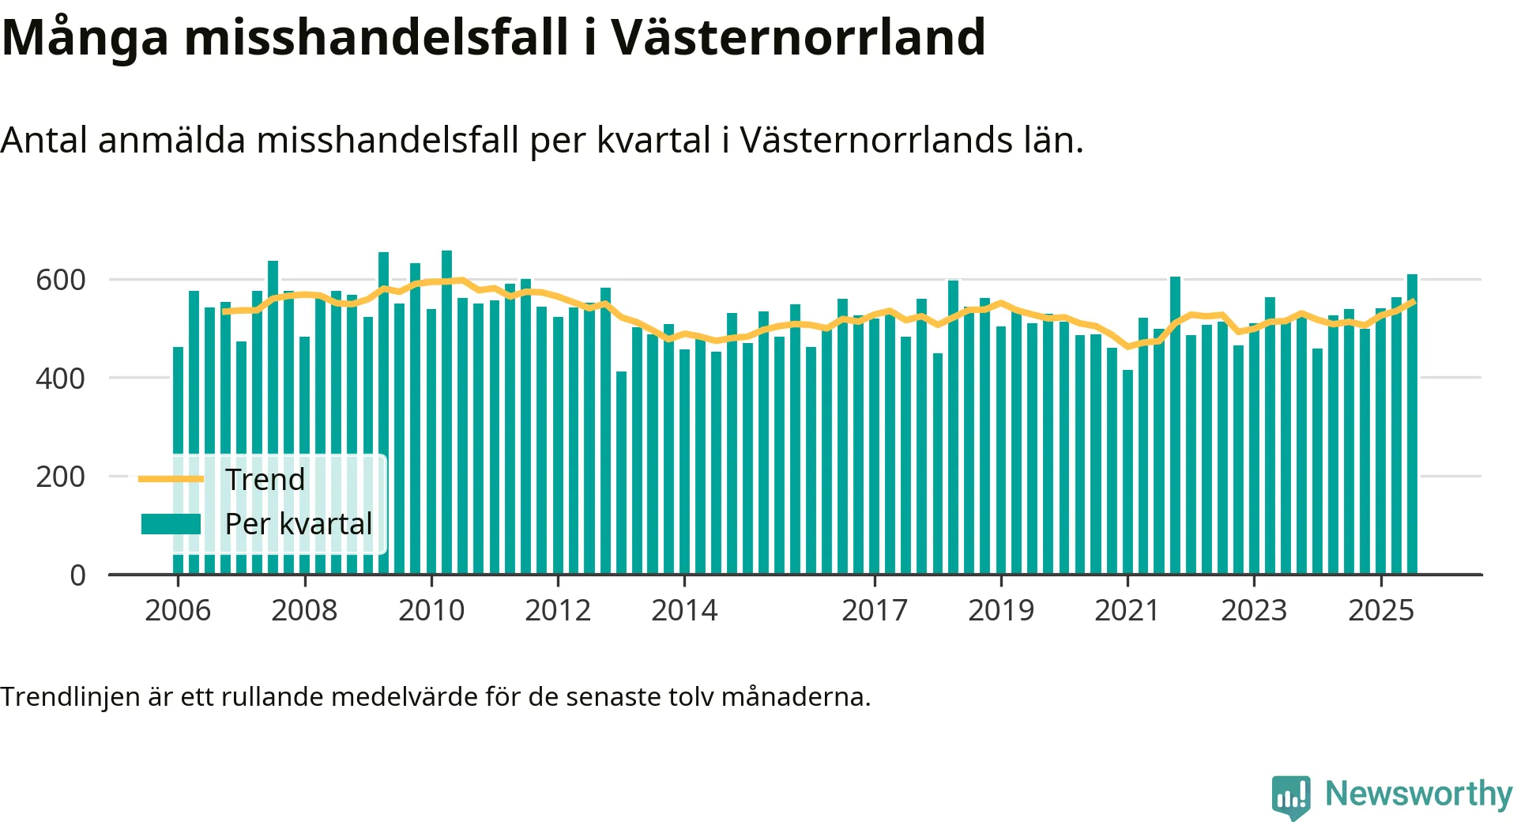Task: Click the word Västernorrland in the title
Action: [x=798, y=37]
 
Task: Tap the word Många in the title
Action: [x=85, y=37]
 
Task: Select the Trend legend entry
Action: [x=265, y=479]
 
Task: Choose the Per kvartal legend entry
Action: [x=298, y=523]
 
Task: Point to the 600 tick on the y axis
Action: [x=60, y=280]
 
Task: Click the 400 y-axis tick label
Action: [x=60, y=379]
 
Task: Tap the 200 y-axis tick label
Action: [x=60, y=477]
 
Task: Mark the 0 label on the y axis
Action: [x=77, y=575]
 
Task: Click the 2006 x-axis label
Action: [x=178, y=610]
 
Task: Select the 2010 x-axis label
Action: [x=431, y=610]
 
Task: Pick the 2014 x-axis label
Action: [x=684, y=610]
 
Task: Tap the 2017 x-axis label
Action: [x=875, y=610]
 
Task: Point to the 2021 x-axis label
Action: [x=1127, y=610]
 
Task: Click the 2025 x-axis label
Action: [x=1380, y=610]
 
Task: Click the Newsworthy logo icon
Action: [x=1291, y=797]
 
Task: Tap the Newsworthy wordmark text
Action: [x=1418, y=794]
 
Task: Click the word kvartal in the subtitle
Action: [x=653, y=141]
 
